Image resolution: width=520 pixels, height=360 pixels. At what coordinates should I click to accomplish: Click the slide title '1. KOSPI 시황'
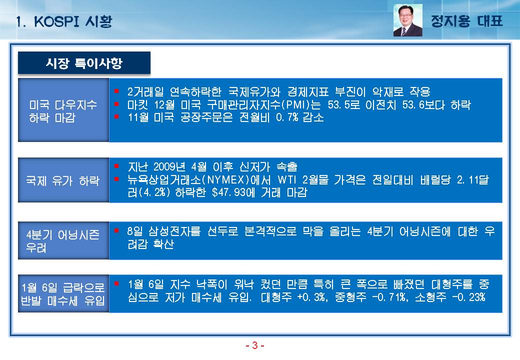[64, 21]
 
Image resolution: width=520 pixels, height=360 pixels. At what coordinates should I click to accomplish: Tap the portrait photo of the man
[407, 20]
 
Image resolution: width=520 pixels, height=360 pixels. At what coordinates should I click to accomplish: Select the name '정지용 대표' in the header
[466, 21]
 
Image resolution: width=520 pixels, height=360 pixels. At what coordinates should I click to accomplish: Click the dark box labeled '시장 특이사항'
[84, 62]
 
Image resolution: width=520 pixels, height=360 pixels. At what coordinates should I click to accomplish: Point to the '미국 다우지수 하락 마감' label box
[63, 110]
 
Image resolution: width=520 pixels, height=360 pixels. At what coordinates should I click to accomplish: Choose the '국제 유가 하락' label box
[63, 180]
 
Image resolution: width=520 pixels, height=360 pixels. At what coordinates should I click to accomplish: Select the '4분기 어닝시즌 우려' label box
[63, 240]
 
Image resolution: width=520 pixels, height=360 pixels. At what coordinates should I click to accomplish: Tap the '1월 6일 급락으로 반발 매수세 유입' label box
[63, 293]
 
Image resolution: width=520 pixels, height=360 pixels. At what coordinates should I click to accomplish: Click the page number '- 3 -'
[254, 345]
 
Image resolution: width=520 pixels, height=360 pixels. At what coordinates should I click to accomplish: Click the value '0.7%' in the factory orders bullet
[287, 117]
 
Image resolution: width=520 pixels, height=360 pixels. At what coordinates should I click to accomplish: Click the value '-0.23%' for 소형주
[468, 296]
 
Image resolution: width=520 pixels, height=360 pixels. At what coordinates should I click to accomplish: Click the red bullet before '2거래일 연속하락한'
[116, 90]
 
